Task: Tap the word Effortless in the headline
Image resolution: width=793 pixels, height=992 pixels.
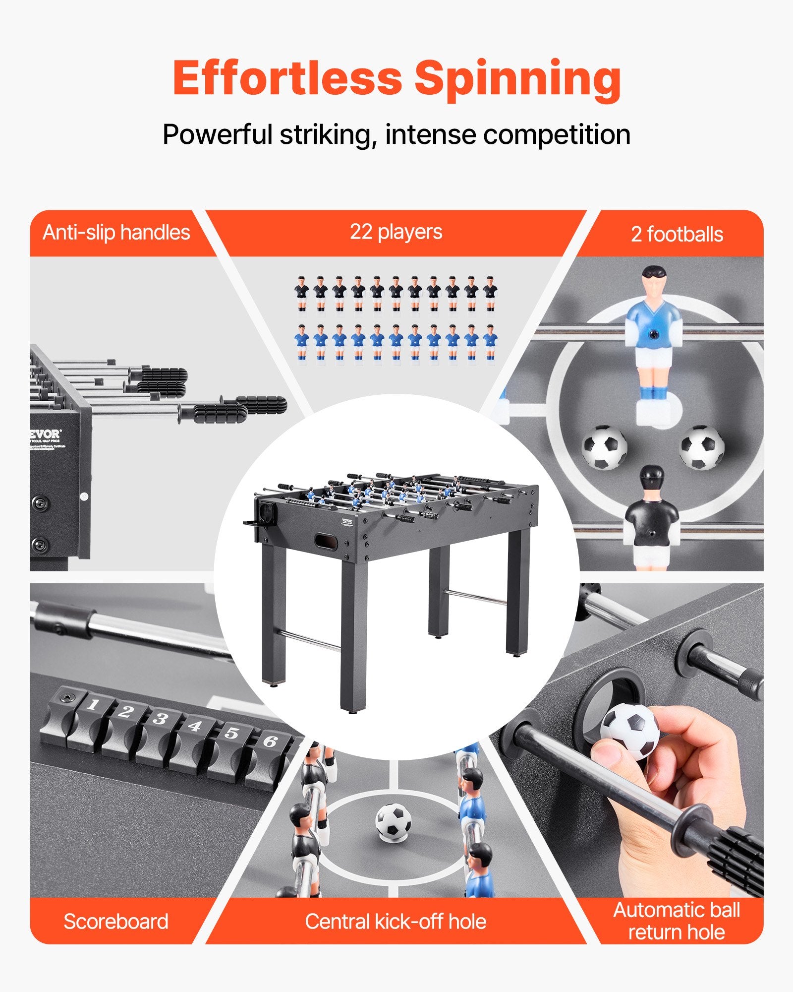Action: pos(287,78)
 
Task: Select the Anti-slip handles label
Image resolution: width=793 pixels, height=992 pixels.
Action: pos(116,233)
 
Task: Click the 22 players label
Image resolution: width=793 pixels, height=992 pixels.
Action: pos(396,232)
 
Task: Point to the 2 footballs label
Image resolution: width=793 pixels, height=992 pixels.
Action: pos(677,234)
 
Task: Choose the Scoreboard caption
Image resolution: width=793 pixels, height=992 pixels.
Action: pos(116,922)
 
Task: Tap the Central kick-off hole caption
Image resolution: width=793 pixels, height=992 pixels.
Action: pos(396,922)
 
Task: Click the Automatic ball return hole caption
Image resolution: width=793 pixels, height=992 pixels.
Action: pos(677,922)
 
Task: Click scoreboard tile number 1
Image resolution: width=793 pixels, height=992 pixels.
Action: pos(93,704)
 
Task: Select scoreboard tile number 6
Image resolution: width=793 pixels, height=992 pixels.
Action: pos(270,742)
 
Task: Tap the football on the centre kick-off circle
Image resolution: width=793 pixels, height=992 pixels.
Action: pos(393,821)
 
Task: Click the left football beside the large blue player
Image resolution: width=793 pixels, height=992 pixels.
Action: pos(604,447)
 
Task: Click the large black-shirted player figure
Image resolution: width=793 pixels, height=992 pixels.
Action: pos(650,516)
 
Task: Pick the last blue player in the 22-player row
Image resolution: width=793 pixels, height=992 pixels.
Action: pos(490,342)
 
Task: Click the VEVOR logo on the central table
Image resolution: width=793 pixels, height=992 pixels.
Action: pos(346,520)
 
